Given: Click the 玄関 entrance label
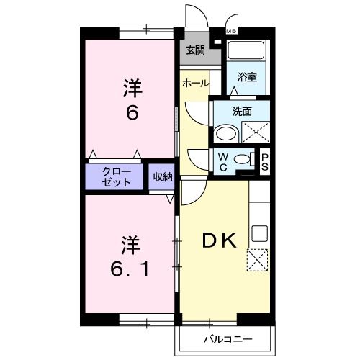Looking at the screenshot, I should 194,50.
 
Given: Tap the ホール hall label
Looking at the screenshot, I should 196,84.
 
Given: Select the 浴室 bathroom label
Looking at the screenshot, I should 247,77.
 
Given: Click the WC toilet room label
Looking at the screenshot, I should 223,162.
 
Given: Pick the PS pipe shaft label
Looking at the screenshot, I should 264,162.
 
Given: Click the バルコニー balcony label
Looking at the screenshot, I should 227,337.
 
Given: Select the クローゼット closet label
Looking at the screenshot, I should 116,178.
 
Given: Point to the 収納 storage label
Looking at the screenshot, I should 162,177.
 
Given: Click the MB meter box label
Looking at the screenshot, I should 232,31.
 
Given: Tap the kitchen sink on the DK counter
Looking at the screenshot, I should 259,234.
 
